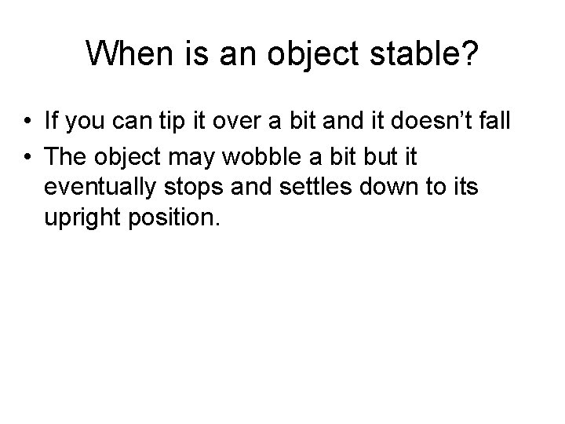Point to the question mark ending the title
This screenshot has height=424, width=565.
(x=468, y=54)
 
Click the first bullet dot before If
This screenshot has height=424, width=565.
(x=27, y=122)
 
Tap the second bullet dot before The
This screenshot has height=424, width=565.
(x=27, y=157)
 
